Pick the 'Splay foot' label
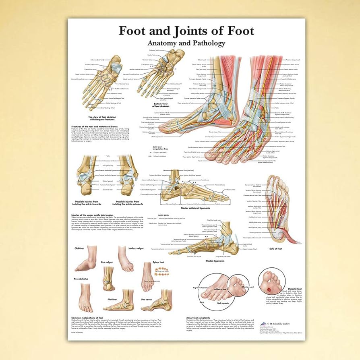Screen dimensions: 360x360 click(x=158, y=262)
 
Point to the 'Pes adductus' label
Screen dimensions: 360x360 click(x=81, y=278)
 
